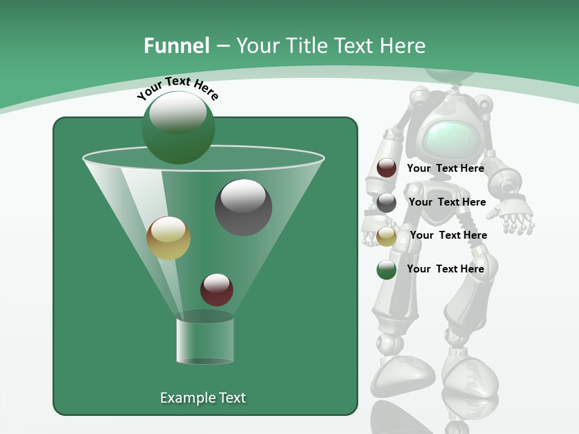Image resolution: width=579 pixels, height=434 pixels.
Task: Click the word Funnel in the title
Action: point(176,46)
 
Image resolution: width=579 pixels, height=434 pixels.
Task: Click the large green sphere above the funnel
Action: point(178,127)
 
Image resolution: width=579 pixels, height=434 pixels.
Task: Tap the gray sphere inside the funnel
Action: point(243,207)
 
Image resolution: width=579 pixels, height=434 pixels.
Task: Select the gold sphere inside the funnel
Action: point(168,238)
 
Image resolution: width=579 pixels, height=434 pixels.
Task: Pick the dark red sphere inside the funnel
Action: point(217,289)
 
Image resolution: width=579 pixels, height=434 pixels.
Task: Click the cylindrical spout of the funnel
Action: point(205,341)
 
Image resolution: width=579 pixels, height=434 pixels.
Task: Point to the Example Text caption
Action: point(203,398)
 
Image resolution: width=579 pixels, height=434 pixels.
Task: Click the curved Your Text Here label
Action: point(177,87)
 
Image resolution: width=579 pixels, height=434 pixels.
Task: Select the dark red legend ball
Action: point(387,168)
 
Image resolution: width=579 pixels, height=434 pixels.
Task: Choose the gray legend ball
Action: point(387,203)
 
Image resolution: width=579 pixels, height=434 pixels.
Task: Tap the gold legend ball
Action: point(387,236)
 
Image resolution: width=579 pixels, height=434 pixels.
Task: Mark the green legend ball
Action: point(387,269)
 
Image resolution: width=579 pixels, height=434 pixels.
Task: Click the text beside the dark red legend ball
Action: point(445,169)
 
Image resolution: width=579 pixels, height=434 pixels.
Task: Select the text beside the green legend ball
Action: point(445,269)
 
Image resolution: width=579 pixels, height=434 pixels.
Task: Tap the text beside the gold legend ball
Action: point(448,235)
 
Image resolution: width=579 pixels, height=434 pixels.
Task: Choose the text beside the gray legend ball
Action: point(447,202)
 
